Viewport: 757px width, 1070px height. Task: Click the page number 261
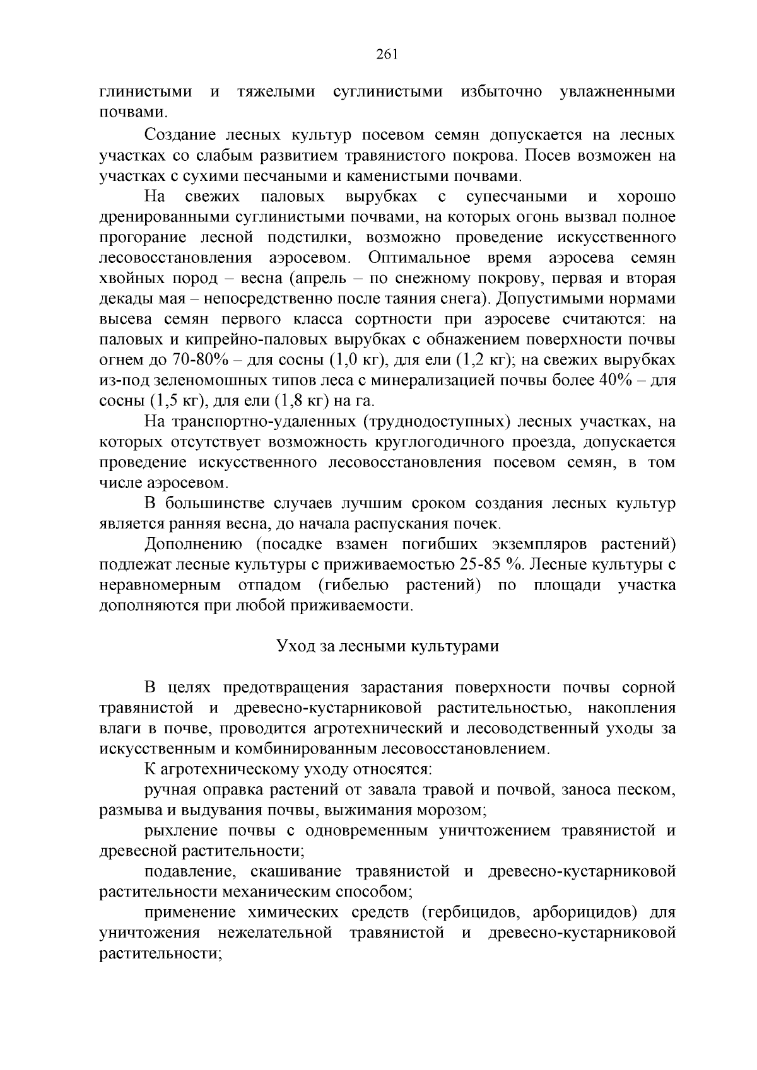click(386, 54)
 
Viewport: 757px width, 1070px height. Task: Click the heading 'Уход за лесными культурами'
click(388, 646)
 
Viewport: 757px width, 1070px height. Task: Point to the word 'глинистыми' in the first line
click(146, 92)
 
